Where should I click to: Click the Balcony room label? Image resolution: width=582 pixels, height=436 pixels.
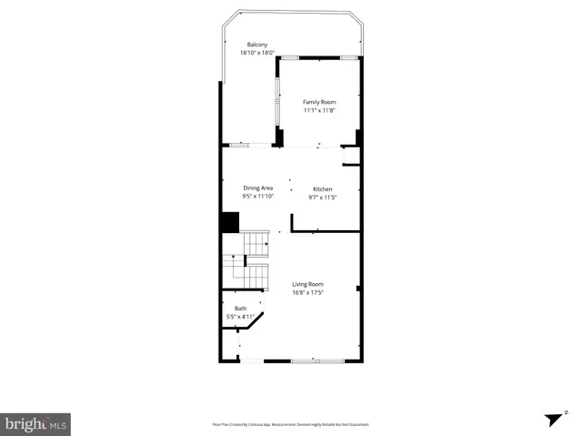click(257, 45)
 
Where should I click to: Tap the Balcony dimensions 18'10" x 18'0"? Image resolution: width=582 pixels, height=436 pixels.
click(257, 53)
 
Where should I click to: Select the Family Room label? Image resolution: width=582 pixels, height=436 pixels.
click(319, 102)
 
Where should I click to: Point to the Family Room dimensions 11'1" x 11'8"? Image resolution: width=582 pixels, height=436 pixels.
click(319, 110)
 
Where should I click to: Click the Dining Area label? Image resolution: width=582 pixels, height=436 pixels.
click(258, 188)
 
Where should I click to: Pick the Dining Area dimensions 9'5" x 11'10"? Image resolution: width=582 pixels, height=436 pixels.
click(258, 197)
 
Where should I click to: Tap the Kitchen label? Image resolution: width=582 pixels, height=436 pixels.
click(323, 189)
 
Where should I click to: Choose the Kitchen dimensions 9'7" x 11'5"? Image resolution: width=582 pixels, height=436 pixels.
click(323, 198)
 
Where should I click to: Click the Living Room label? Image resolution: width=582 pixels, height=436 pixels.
click(308, 284)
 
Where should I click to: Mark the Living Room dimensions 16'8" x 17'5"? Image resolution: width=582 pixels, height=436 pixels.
click(308, 292)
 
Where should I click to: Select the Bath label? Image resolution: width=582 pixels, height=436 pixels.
click(240, 309)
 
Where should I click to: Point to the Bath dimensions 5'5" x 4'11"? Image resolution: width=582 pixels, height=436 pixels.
click(240, 317)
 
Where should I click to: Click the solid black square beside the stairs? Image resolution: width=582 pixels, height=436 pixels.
click(229, 222)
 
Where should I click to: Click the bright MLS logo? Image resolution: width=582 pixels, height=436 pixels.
click(35, 423)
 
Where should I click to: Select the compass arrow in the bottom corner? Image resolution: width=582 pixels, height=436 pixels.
click(551, 419)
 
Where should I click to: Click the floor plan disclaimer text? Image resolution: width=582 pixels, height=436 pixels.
click(290, 424)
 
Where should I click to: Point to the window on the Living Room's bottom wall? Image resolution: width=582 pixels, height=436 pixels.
click(311, 361)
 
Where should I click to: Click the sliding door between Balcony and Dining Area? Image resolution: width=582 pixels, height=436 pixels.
click(240, 145)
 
